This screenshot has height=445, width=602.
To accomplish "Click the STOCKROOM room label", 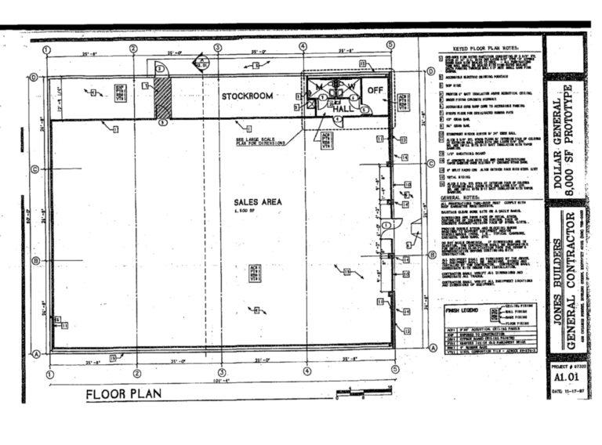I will (x=246, y=96).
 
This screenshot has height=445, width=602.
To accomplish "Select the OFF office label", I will (x=375, y=90).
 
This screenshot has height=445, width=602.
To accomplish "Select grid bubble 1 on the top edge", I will (x=48, y=49).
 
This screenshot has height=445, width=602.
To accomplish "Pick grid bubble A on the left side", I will (x=34, y=353).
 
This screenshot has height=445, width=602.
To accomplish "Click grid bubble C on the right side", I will (x=430, y=164).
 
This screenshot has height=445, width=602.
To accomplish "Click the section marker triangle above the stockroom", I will (x=201, y=60).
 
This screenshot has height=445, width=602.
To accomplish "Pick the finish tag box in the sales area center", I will (x=253, y=273).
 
